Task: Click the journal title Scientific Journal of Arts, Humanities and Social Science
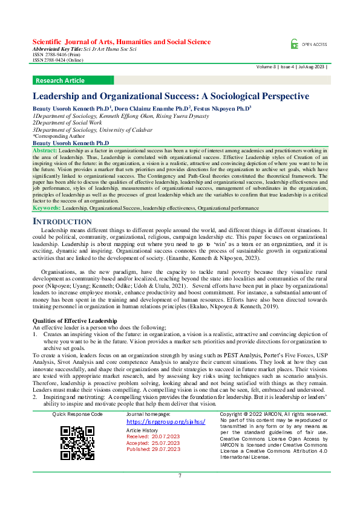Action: click(121, 42)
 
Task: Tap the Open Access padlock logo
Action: click(294, 44)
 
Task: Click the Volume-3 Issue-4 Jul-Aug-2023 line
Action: click(292, 66)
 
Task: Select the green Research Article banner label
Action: click(61, 80)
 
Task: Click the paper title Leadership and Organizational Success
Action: click(171, 96)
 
